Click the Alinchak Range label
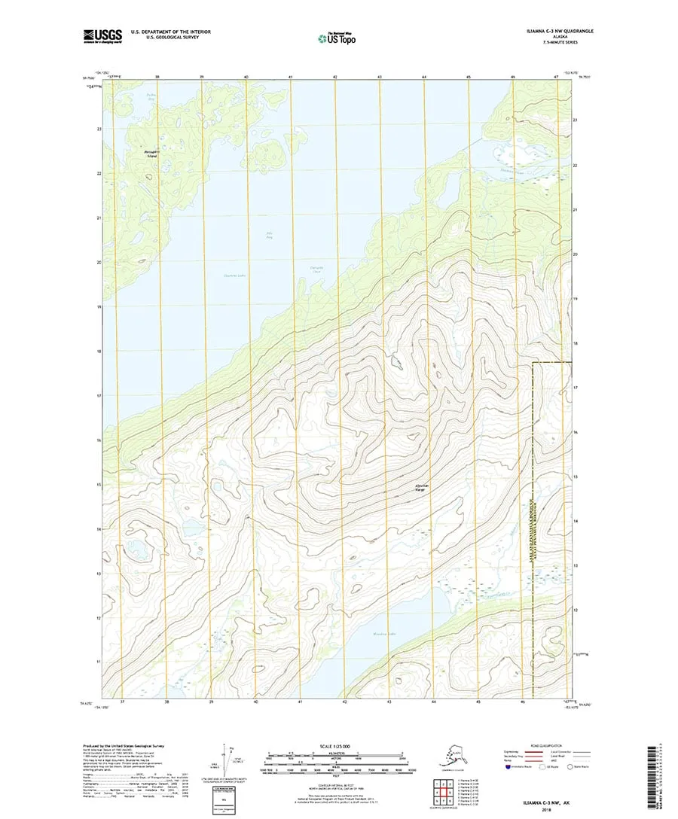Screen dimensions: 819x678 [x=417, y=488]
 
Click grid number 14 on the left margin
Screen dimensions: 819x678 [x=99, y=530]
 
